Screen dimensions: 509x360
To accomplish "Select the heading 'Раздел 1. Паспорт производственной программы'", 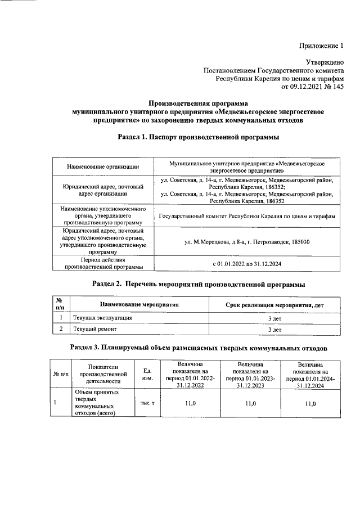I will (197, 137).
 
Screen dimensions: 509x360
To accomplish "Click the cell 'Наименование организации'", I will (103, 166).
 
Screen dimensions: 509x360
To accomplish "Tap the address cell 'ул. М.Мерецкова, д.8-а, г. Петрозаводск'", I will (246, 242).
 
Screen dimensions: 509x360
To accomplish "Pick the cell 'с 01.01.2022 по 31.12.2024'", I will (246, 263).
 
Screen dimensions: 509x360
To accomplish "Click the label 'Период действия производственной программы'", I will (103, 263).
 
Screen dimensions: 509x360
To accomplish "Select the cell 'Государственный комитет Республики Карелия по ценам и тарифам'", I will (246, 216).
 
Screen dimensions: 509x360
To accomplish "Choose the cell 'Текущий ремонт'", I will (93, 330).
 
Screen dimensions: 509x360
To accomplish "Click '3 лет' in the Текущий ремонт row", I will (274, 330).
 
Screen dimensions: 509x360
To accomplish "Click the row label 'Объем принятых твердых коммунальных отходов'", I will (95, 403).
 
